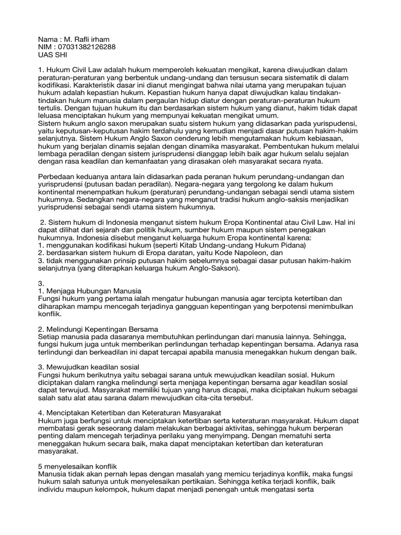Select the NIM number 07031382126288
coord(89,47)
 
